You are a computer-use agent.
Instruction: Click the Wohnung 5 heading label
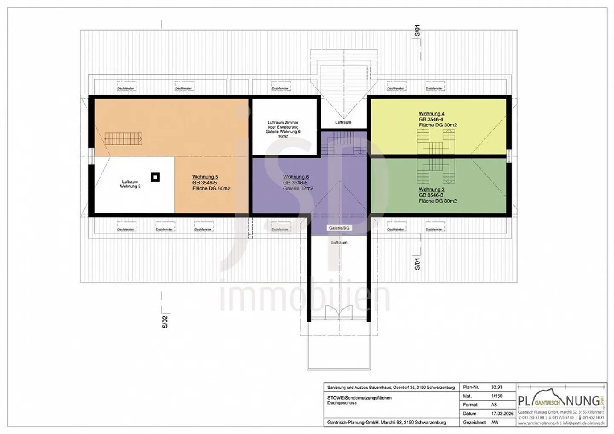click(x=205, y=177)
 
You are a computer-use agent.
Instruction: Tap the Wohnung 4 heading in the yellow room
click(x=431, y=114)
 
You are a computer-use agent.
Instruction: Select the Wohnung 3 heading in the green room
click(x=431, y=190)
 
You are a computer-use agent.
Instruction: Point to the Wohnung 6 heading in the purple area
click(x=295, y=177)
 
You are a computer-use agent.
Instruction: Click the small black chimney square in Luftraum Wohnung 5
click(x=156, y=177)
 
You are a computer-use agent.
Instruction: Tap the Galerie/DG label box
click(x=339, y=228)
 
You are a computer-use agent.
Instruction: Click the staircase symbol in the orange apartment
click(x=123, y=138)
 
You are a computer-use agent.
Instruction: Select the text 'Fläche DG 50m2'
click(x=211, y=188)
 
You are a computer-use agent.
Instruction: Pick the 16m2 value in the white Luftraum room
click(x=283, y=136)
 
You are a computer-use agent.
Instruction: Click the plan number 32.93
click(x=497, y=387)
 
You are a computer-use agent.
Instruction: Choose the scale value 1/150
click(x=497, y=396)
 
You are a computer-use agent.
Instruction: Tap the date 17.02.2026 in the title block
click(x=502, y=414)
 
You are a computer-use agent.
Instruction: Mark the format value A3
click(x=494, y=405)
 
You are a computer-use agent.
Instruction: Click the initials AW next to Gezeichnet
click(x=495, y=423)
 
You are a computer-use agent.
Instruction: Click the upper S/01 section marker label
click(x=417, y=31)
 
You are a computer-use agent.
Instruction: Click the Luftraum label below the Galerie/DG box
click(x=339, y=242)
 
